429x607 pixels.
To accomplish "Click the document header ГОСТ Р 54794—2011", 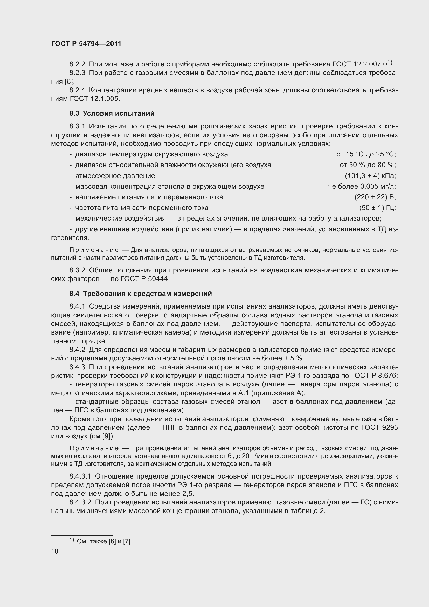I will click(x=86, y=44).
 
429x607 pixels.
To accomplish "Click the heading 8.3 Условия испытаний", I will click(x=112, y=114).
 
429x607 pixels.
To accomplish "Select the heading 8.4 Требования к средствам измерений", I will click(x=141, y=294).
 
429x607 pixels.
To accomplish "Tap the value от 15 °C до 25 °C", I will click(x=366, y=154).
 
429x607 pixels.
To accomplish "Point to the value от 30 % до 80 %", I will click(x=368, y=165).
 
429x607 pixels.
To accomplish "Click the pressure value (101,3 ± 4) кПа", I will click(x=370, y=176).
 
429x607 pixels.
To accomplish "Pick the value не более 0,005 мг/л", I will click(x=362, y=186).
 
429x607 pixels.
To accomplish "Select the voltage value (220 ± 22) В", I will click(x=375, y=197).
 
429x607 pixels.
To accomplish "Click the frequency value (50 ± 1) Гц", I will click(x=377, y=208).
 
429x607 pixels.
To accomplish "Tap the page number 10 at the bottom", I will click(x=55, y=551).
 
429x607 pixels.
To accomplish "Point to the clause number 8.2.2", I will click(x=77, y=64).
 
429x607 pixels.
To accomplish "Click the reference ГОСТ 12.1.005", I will click(x=95, y=99).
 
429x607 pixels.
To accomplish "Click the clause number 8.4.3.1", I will click(x=80, y=476).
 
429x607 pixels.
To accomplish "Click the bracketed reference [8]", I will click(x=70, y=82).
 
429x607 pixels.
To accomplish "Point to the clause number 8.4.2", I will click(x=77, y=350).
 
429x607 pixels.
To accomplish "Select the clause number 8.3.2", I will click(x=77, y=270).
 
